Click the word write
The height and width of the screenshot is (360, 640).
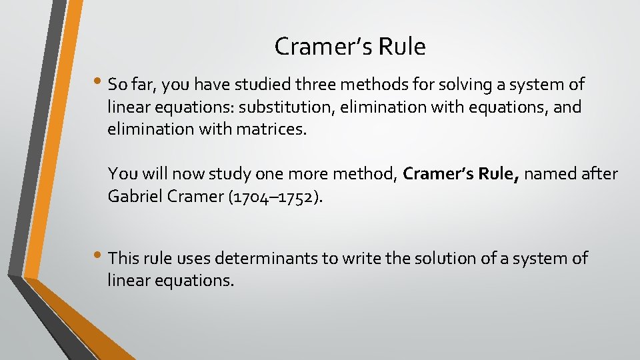[360, 258]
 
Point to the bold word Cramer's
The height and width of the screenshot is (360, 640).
[435, 175]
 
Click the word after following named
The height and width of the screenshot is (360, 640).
[599, 175]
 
